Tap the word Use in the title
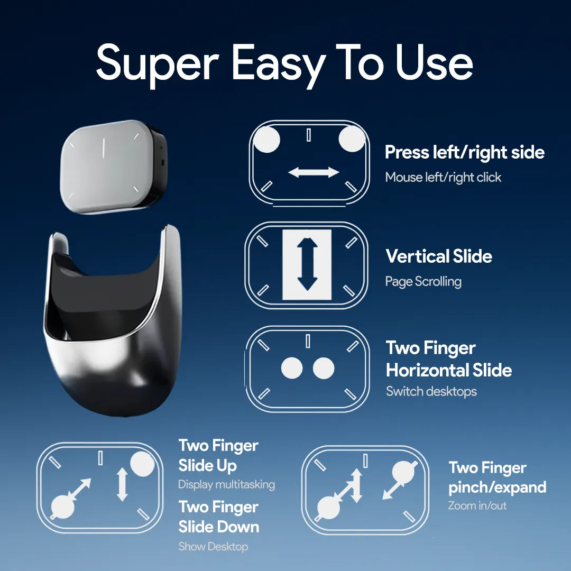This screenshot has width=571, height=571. (x=434, y=62)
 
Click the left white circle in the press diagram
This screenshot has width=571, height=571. (x=266, y=140)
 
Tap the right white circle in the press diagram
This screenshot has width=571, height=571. (x=352, y=139)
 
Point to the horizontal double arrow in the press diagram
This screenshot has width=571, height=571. (x=314, y=172)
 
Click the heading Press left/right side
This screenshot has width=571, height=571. (x=465, y=152)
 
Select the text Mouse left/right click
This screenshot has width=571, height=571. (x=443, y=177)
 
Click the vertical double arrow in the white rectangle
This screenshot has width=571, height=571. (x=308, y=264)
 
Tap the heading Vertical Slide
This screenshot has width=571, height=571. (x=439, y=256)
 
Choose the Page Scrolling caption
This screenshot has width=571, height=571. (x=423, y=281)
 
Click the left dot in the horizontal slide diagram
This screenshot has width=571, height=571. (x=292, y=368)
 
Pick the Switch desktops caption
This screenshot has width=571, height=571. (x=431, y=391)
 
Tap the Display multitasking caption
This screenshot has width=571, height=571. (x=226, y=485)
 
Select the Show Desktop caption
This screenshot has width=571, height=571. (x=213, y=546)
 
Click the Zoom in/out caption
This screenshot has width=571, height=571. (x=477, y=505)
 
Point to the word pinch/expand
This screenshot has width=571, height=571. (x=498, y=487)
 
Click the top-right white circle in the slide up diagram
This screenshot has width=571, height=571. (x=142, y=464)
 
